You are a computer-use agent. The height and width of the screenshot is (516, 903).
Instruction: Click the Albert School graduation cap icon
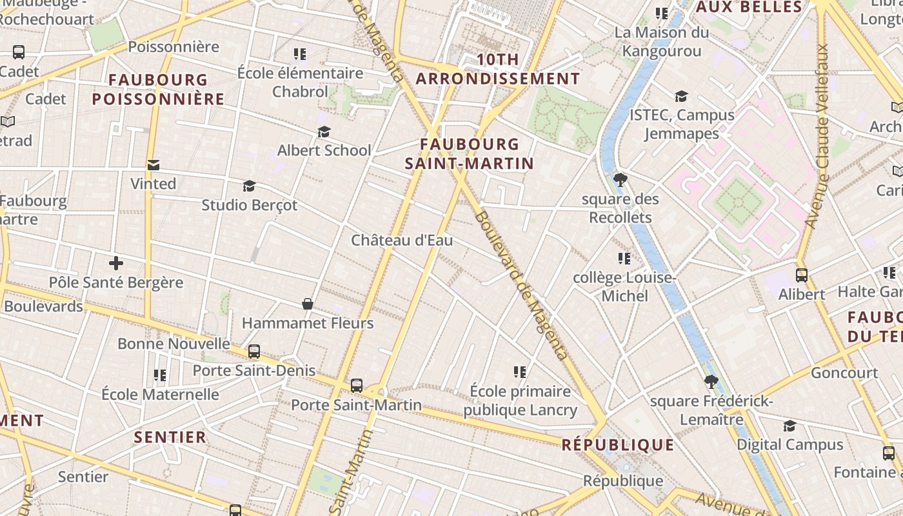click(324, 132)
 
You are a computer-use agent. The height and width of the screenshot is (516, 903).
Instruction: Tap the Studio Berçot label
click(250, 205)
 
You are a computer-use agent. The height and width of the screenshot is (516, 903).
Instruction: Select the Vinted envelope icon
click(154, 165)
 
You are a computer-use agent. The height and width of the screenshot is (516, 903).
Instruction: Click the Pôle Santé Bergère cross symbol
click(116, 263)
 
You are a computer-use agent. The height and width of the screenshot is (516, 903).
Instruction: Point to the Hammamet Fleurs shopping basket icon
click(308, 304)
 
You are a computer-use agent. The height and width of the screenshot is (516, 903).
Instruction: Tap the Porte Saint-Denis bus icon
click(254, 352)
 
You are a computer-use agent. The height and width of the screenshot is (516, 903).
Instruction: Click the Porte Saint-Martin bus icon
click(357, 386)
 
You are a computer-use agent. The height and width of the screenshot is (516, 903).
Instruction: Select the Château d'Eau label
click(402, 241)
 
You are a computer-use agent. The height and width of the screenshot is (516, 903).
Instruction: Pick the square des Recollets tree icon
click(620, 180)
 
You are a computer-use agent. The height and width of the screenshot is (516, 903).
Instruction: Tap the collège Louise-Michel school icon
click(624, 259)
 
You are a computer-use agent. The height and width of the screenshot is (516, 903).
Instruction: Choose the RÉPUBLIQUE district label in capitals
click(618, 445)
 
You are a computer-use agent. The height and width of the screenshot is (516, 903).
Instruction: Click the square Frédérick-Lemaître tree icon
click(711, 382)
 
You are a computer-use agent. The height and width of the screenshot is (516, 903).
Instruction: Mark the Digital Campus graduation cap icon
click(789, 426)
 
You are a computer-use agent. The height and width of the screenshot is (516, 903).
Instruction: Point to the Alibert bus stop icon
click(802, 275)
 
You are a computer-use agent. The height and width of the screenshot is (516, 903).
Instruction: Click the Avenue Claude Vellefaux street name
click(817, 135)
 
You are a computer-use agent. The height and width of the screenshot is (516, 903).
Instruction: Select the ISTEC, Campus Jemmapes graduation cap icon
click(681, 97)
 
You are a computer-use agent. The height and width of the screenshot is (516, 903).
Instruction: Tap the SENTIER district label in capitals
click(170, 437)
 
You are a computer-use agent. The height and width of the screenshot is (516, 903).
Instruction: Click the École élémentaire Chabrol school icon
click(300, 54)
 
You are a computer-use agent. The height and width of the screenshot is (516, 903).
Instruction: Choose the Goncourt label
click(844, 373)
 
